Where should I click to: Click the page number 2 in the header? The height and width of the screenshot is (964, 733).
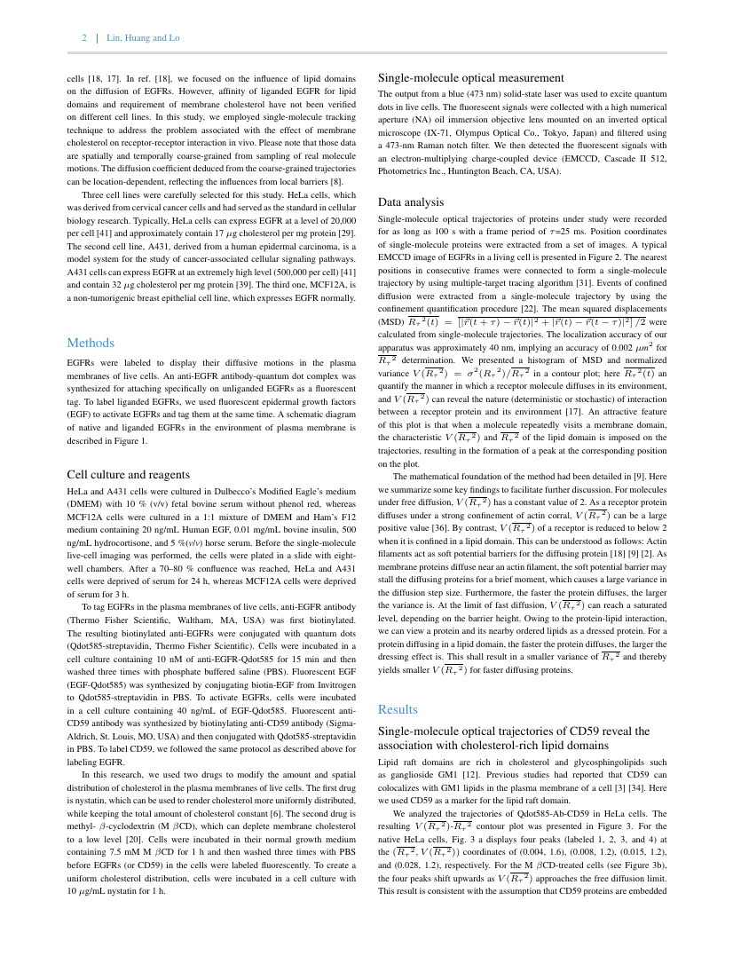click(84, 38)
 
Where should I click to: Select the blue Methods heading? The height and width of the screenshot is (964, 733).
click(91, 343)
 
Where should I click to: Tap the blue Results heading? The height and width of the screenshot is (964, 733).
click(398, 709)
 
